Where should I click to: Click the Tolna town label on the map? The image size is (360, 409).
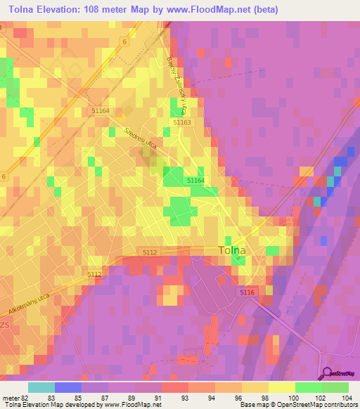pos(234,250)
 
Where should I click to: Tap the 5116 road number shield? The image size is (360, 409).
pos(245,292)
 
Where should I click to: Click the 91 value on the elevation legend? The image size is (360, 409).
pos(161,398)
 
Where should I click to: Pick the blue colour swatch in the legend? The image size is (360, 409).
pos(68,387)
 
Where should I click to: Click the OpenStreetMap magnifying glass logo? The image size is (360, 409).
pos(327,372)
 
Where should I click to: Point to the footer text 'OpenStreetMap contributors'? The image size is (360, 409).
pos(323,405)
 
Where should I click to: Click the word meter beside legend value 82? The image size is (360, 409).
pos(11,398)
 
